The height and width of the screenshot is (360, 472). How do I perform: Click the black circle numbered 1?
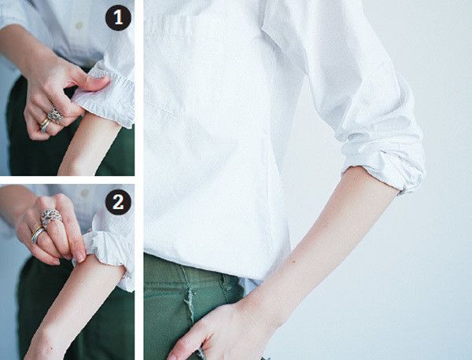118,18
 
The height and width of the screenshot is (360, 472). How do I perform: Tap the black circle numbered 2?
118,202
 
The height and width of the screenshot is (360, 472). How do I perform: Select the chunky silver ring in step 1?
55,116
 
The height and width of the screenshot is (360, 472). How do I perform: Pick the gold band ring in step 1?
45,125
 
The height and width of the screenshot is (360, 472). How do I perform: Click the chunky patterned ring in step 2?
51,217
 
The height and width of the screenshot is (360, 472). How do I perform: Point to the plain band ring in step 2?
38,234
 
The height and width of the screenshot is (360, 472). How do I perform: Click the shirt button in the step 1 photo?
79,26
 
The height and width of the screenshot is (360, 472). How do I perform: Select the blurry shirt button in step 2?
84,193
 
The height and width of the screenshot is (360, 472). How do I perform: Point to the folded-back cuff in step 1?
105,96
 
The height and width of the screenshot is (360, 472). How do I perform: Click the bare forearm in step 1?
87,145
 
